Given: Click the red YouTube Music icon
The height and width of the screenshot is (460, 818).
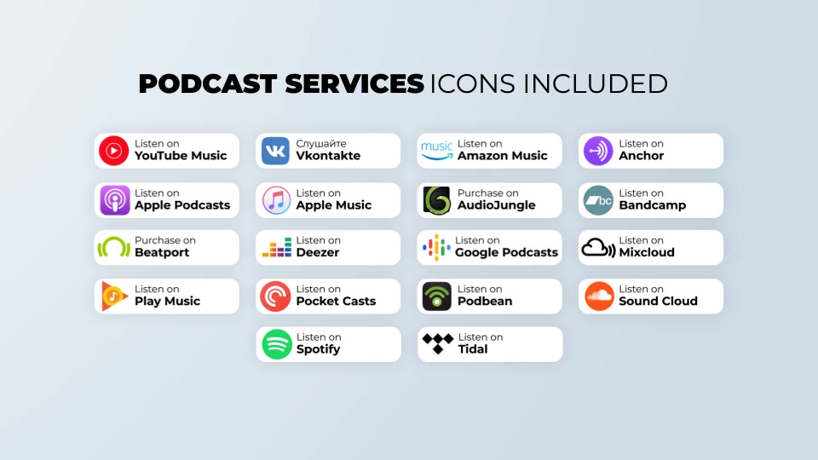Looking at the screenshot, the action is click(113, 151).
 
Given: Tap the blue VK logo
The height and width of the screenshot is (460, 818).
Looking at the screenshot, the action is click(275, 151).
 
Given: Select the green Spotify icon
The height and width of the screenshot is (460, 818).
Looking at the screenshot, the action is click(276, 344).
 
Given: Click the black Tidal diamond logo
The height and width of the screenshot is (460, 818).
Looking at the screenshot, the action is click(438, 343).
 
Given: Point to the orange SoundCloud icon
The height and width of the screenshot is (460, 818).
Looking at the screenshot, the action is click(599, 296).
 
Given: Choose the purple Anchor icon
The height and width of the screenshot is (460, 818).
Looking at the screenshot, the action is click(598, 151).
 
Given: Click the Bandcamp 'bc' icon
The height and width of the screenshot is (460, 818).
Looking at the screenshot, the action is click(598, 200).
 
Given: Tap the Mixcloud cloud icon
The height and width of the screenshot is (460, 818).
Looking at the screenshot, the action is click(598, 248).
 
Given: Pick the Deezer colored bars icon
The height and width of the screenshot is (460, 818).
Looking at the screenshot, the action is click(276, 247).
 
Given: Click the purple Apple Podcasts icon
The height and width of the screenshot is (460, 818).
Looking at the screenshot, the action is click(115, 200).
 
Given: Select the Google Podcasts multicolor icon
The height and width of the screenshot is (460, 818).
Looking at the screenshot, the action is click(436, 247).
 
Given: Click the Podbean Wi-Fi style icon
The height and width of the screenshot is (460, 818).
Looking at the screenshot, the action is click(436, 296).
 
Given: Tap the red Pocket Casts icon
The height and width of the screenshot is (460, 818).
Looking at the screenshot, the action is click(275, 296).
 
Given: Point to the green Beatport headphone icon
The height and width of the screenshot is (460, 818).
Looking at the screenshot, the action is click(113, 247).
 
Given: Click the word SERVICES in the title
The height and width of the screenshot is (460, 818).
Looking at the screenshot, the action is click(354, 83).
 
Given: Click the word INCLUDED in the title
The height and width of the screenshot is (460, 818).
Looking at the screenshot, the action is click(596, 83).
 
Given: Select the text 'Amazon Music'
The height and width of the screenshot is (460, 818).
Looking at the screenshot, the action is click(503, 155).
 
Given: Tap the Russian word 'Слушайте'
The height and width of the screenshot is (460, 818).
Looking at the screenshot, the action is click(321, 143).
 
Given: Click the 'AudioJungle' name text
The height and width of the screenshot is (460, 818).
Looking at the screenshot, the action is click(496, 205).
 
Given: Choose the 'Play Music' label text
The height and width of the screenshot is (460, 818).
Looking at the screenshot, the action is click(168, 302).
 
